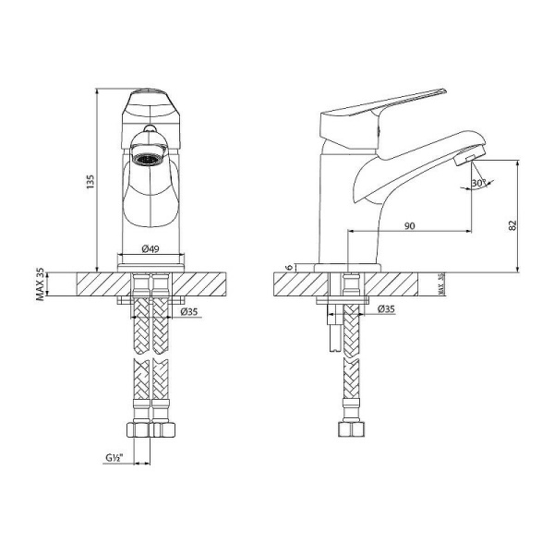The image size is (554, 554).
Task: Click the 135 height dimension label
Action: (90, 183)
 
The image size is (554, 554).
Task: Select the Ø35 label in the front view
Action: (190, 312)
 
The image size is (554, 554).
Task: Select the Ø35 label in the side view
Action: (386, 309)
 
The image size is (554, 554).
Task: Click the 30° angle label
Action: (478, 184)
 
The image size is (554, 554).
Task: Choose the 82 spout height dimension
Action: (512, 224)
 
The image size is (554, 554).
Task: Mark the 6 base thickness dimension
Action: (289, 267)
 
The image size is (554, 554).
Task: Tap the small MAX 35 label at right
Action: (441, 285)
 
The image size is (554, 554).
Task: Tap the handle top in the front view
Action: (148, 98)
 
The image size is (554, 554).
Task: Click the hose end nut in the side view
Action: (351, 430)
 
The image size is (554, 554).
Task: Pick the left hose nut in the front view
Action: (138, 428)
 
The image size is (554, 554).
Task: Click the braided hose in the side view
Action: (351, 369)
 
